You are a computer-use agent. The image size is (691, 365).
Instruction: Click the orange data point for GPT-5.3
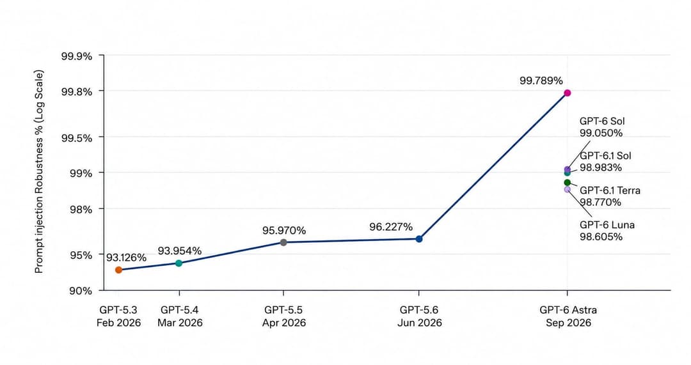click(x=118, y=270)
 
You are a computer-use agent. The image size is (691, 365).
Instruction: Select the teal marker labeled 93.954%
click(x=179, y=263)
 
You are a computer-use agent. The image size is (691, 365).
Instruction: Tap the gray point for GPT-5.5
click(x=283, y=243)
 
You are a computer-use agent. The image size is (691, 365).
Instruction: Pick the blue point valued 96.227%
click(x=419, y=239)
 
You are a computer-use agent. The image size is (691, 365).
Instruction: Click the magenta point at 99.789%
click(x=568, y=93)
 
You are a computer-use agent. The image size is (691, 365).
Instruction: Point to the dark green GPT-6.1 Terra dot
click(x=567, y=182)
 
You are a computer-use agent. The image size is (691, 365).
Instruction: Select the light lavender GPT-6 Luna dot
click(x=567, y=189)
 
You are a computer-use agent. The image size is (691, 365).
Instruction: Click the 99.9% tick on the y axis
click(x=77, y=56)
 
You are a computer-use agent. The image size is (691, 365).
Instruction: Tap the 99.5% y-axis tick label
click(x=77, y=138)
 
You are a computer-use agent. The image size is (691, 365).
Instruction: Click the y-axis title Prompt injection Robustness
click(x=39, y=171)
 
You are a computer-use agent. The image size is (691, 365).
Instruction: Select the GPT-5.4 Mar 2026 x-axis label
click(x=180, y=316)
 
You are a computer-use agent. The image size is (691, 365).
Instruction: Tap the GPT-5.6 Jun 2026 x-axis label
click(x=420, y=316)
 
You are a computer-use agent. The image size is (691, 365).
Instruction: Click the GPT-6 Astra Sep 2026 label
click(x=569, y=316)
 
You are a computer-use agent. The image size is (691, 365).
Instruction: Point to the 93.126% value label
click(x=126, y=258)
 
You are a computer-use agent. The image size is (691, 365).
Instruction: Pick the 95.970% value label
click(x=284, y=231)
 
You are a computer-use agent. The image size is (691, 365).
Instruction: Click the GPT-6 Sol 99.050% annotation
click(x=602, y=127)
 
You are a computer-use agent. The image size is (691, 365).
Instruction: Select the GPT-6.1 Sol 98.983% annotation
click(x=605, y=162)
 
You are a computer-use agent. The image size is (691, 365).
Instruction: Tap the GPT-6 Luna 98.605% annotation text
click(x=607, y=231)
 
